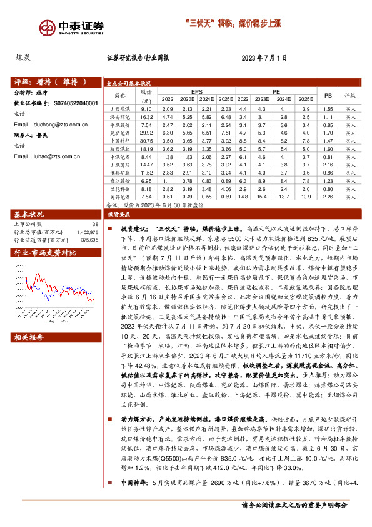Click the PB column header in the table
point(328,94)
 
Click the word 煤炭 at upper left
point(23,58)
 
